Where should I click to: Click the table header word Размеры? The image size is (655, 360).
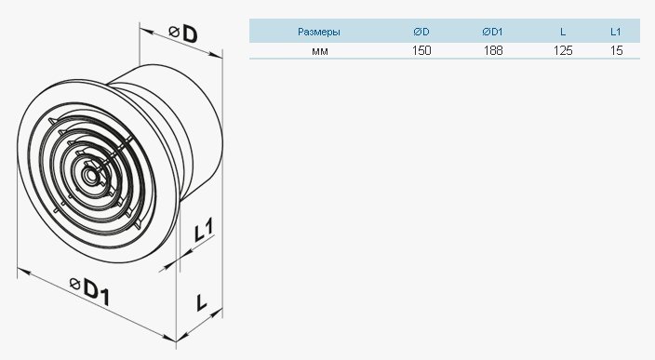319,32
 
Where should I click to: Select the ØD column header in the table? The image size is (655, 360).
421,32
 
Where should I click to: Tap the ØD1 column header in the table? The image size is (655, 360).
492,32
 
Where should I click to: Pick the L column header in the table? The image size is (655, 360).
563,32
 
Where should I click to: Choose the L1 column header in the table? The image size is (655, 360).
615,32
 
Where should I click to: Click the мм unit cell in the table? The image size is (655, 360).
319,51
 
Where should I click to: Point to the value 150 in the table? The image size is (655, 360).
421,50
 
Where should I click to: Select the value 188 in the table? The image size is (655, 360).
493,50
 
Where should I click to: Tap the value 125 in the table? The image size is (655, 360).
563,50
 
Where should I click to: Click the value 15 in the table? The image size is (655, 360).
616,50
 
